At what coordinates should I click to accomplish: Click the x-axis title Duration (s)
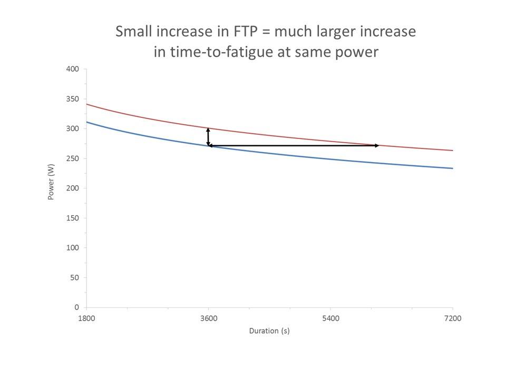[x=269, y=331]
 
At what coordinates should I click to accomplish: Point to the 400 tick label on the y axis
[x=73, y=69]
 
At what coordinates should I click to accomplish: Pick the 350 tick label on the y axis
[x=73, y=99]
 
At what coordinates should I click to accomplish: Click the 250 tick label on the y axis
[x=73, y=158]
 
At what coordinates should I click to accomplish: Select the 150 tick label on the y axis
[x=73, y=218]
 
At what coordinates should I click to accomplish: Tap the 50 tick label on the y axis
[x=74, y=277]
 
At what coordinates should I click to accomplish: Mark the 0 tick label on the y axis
[x=76, y=307]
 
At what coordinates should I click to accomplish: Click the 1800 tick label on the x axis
[x=86, y=318]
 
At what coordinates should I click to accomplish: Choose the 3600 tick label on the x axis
[x=209, y=318]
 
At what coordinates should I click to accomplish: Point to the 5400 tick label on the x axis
[x=330, y=318]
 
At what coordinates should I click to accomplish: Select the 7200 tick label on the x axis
[x=453, y=318]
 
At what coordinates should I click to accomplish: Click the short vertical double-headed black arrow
[x=208, y=136]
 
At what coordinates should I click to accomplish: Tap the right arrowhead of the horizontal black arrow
[x=376, y=145]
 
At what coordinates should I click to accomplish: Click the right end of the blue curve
[x=452, y=168]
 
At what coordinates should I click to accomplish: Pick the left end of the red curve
[x=87, y=104]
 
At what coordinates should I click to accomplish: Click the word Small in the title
[x=134, y=32]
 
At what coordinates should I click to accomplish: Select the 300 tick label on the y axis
[x=73, y=128]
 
